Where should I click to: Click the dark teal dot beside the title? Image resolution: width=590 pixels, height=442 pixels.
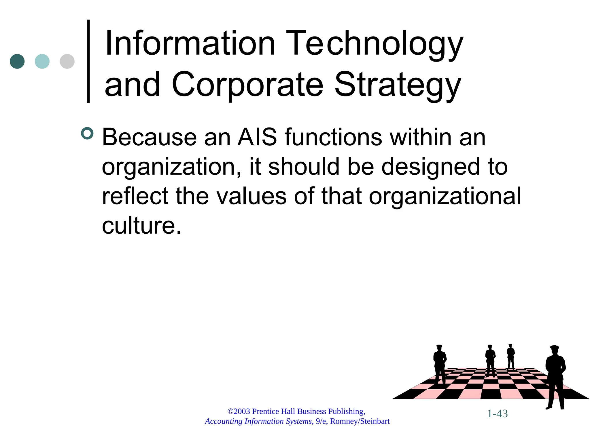coord(17,61)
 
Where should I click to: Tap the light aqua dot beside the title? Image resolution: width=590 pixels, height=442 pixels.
coord(42,61)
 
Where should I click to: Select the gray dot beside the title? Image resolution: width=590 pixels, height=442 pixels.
coord(67,61)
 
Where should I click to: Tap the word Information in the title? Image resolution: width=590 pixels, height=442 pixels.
coord(190,44)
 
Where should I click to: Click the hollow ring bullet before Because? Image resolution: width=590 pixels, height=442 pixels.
coord(87,134)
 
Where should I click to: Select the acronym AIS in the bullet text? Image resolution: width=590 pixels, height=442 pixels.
coord(257,137)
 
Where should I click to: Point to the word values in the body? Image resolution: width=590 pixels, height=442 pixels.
coord(251,196)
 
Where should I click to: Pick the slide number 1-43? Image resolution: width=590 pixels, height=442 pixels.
coord(497,414)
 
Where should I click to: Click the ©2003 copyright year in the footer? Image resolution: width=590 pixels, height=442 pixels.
coord(239,411)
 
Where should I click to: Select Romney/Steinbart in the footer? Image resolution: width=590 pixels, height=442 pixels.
coord(360,421)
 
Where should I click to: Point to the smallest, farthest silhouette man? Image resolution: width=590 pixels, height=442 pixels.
coord(510,356)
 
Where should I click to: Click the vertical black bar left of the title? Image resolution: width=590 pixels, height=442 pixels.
coord(88,61)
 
